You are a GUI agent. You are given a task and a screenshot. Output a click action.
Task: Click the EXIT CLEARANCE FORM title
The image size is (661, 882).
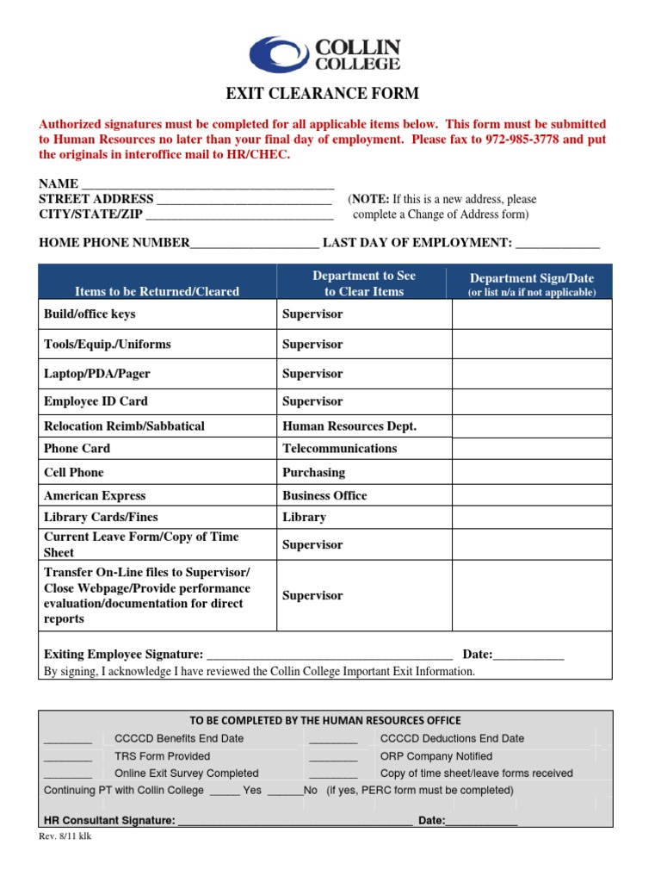[322, 94]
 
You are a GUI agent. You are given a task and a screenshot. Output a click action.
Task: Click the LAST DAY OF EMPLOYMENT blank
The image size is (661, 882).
[556, 244]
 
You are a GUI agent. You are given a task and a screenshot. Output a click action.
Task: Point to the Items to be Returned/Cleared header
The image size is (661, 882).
[157, 291]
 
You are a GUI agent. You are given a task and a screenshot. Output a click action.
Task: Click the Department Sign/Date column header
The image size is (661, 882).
[531, 278]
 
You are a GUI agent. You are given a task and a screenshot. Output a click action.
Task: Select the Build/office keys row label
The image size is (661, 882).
[90, 314]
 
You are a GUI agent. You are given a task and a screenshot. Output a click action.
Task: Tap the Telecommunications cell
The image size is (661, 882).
[339, 449]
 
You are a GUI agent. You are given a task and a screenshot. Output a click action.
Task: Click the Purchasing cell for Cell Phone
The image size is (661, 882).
[313, 472]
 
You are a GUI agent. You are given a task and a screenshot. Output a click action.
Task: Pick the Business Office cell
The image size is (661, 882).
[324, 495]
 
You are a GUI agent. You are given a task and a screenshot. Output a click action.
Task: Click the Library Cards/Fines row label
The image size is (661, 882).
[101, 518]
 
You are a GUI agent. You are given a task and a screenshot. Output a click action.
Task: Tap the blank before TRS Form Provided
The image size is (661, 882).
[67, 757]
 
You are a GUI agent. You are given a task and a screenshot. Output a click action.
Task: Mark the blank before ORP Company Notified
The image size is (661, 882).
[332, 757]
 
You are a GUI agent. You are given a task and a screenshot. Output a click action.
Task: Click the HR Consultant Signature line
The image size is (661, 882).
[293, 822]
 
